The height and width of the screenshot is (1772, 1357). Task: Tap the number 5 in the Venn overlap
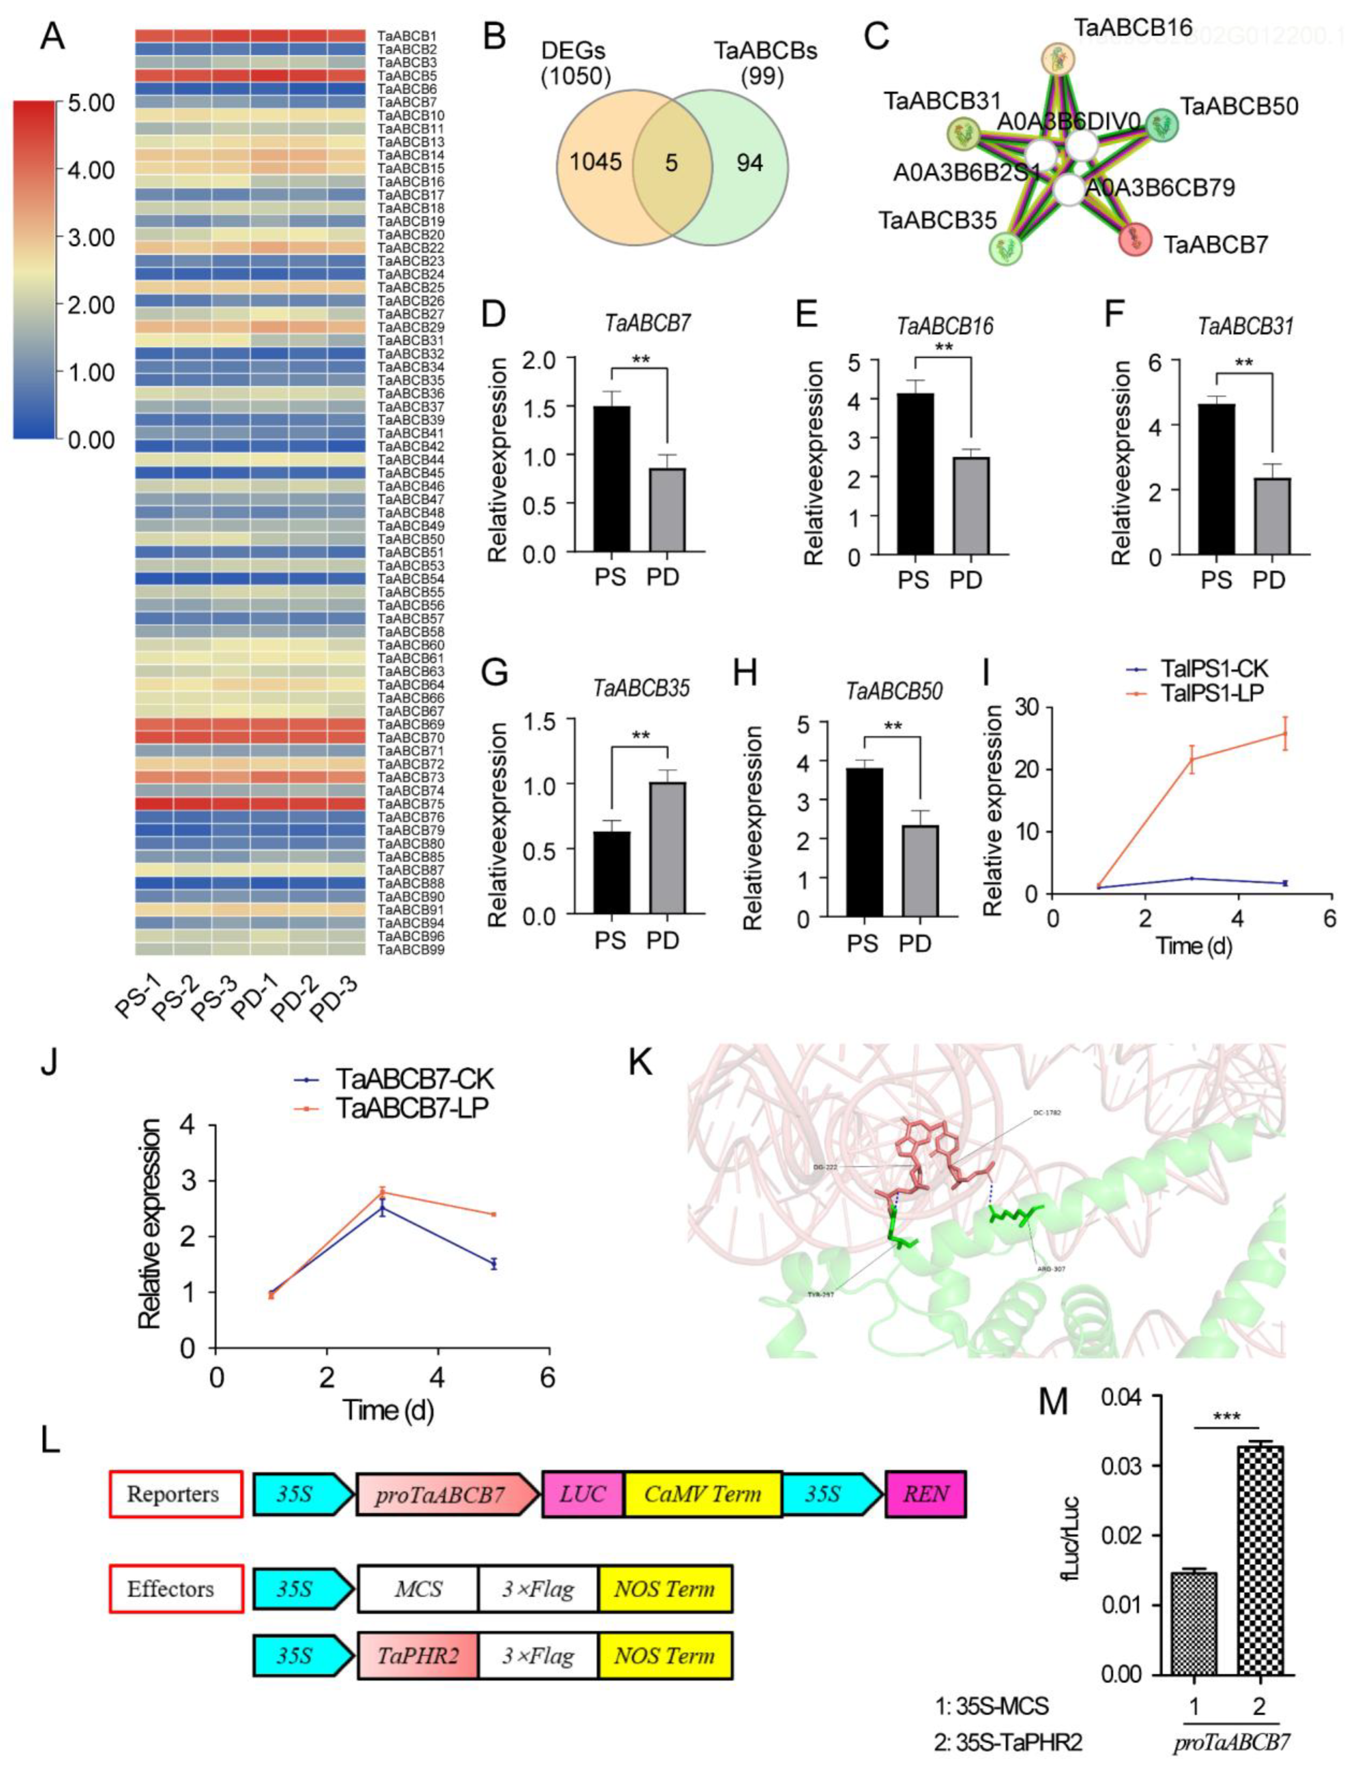[671, 164]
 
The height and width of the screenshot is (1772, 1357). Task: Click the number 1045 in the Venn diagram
[595, 162]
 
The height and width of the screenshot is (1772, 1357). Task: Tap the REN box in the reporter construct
[925, 1494]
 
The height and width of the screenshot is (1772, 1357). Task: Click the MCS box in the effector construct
[418, 1589]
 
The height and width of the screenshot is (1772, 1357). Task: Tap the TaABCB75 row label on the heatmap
[410, 804]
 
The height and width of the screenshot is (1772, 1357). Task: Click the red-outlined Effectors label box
[176, 1589]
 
